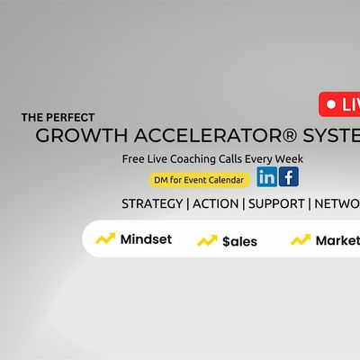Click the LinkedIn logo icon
point(266,177)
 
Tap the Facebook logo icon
point(288,177)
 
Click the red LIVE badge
point(340,104)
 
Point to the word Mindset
point(146,240)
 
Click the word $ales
point(240,241)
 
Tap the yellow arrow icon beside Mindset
point(105,239)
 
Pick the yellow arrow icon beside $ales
point(208,240)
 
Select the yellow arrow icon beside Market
point(301,240)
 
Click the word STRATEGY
point(152,203)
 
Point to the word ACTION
point(216,203)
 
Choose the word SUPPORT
point(277,203)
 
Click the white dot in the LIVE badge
point(330,104)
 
